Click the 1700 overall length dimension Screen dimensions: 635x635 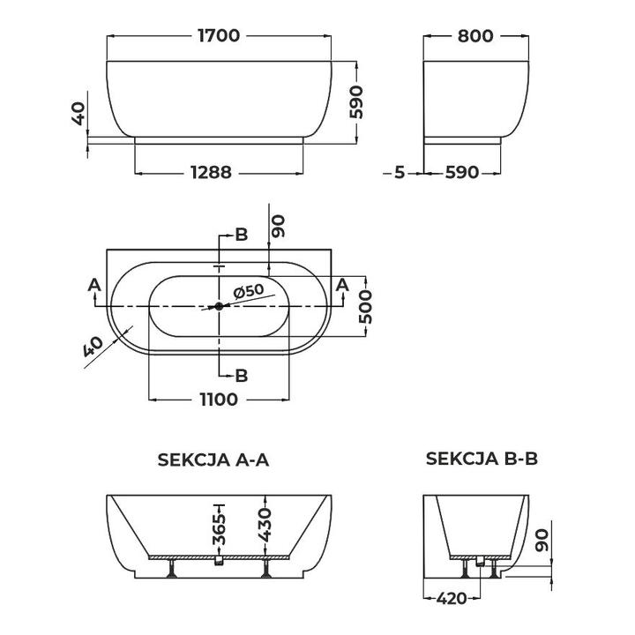(x=219, y=36)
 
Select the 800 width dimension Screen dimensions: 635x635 (x=476, y=36)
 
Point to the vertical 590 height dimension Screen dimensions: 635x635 (x=356, y=101)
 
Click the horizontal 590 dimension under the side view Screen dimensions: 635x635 (x=461, y=172)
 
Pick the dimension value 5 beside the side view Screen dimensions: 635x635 (x=399, y=172)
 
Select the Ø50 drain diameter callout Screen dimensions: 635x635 (x=250, y=292)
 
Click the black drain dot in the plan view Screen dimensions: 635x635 (x=219, y=306)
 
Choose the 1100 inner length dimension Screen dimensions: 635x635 (x=218, y=400)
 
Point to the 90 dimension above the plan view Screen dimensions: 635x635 (x=279, y=226)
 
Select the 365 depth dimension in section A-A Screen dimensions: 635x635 (x=221, y=527)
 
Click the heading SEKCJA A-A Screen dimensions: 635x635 (x=213, y=459)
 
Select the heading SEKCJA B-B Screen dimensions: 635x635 (x=482, y=459)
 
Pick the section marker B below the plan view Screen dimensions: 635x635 (x=241, y=375)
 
